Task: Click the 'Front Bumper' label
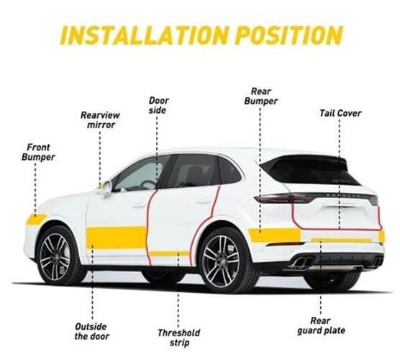(38, 152)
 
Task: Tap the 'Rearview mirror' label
(100, 120)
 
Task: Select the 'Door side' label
(158, 105)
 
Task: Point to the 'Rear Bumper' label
(260, 96)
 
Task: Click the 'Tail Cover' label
(340, 113)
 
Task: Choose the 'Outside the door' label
(92, 331)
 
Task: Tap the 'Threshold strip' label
(179, 338)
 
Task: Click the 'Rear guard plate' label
(321, 325)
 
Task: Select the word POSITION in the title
(289, 35)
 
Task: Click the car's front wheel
(55, 256)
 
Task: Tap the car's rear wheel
(222, 261)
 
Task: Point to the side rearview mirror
(106, 187)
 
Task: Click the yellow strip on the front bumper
(36, 219)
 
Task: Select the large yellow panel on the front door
(117, 238)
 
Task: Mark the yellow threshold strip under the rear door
(169, 253)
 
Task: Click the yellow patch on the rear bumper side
(275, 235)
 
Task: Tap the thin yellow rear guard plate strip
(341, 240)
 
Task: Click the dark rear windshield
(310, 170)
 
